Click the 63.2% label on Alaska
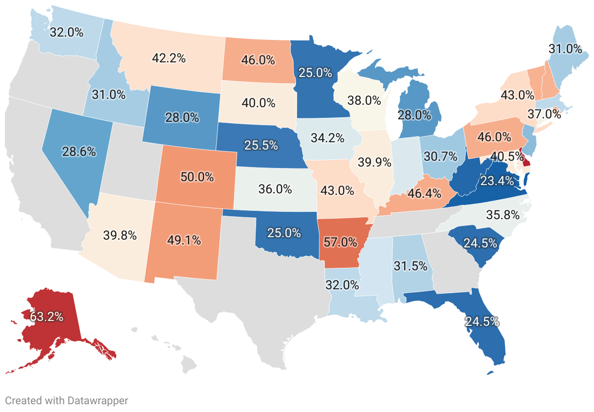tap(47, 317)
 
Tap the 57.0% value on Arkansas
tap(340, 241)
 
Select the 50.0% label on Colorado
tap(197, 177)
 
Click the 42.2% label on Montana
tap(168, 58)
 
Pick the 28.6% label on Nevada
tap(79, 151)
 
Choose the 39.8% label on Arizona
tap(120, 236)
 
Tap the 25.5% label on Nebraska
tap(261, 145)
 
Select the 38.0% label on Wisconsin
tap(364, 101)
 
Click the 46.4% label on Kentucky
tap(421, 193)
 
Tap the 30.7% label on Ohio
tap(441, 156)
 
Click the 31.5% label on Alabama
tap(410, 266)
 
